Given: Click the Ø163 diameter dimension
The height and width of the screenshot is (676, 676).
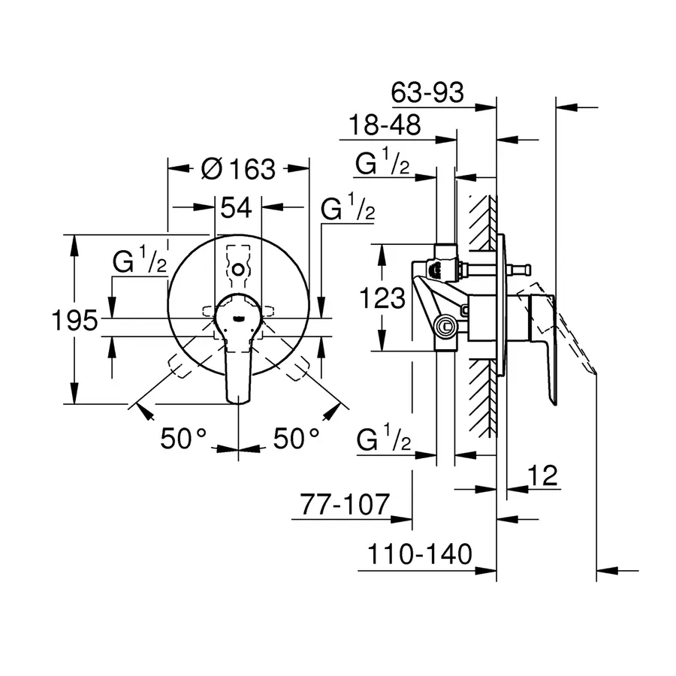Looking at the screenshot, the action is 238,168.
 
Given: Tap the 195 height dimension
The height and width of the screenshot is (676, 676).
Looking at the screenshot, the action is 74,320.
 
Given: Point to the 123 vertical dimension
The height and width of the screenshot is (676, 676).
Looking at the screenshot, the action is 382,298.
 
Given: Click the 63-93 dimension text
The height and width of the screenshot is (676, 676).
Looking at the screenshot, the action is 427,92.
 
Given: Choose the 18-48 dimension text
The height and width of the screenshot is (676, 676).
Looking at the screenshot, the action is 385,125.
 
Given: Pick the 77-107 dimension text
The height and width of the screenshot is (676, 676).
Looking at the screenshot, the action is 345,505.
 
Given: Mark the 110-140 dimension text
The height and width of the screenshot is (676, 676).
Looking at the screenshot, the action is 420,554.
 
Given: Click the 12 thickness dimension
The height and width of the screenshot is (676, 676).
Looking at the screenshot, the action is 543,475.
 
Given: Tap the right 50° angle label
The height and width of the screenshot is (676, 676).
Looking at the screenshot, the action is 297,439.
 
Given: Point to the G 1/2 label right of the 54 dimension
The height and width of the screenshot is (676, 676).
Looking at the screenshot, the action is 348,207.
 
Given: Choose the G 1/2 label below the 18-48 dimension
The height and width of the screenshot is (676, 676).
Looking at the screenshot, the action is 382,161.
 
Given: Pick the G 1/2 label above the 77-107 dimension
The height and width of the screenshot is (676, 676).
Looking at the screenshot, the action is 384,438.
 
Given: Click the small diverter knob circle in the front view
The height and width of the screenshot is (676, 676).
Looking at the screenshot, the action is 238,270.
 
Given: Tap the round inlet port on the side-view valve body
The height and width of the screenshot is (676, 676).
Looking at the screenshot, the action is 445,327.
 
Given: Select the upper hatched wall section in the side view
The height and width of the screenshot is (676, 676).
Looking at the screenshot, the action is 482,223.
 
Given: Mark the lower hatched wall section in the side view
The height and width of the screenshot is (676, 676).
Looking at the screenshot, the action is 482,398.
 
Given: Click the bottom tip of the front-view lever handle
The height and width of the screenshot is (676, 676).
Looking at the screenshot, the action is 238,404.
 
